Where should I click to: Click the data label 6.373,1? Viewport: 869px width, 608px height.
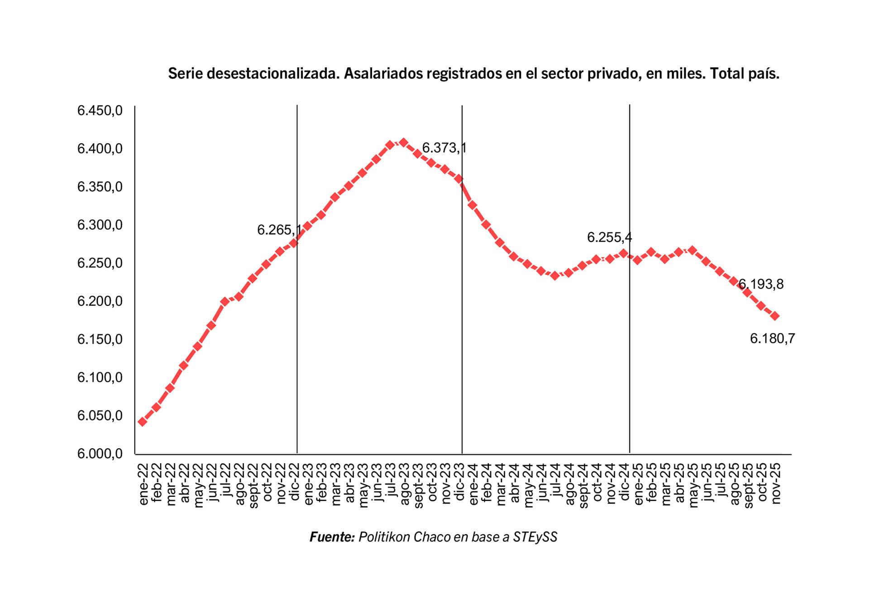pos(444,148)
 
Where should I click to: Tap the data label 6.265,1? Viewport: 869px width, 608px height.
pos(279,230)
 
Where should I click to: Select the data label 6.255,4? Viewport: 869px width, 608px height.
pos(609,237)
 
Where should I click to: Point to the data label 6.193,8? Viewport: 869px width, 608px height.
pos(761,284)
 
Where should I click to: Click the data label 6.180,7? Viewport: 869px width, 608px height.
pos(772,338)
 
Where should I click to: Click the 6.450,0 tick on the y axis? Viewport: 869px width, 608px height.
pos(100,110)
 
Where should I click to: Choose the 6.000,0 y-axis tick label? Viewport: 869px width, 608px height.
pos(100,454)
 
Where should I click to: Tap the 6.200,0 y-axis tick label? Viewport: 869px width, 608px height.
pos(100,301)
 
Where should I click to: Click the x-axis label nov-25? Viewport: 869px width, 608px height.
pos(776,483)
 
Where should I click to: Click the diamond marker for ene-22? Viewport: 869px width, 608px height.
pos(142,422)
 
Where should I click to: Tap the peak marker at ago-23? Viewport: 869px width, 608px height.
pos(403,143)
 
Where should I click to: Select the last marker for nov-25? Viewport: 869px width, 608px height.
pos(775,316)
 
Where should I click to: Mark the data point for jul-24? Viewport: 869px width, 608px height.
pos(555,275)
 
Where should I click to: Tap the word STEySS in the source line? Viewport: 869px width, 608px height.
pos(535,537)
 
